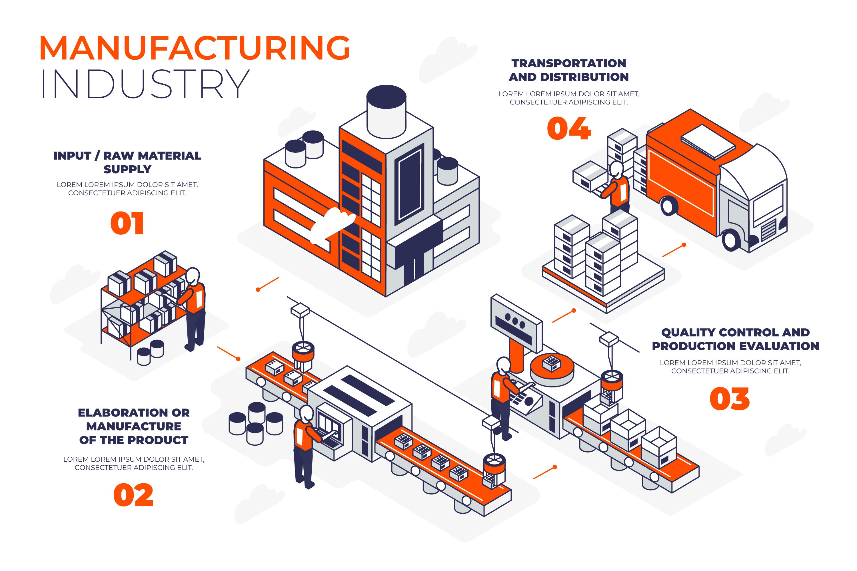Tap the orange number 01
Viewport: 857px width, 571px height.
127,223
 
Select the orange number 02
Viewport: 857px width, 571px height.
133,495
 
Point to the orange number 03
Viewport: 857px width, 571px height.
730,399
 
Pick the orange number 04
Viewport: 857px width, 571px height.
569,128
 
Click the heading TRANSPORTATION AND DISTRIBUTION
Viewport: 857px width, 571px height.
569,70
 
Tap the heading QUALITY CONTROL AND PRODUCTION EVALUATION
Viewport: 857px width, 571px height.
735,339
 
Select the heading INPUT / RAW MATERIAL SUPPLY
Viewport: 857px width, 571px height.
127,162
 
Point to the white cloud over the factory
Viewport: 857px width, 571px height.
332,224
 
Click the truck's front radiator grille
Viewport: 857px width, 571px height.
769,230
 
